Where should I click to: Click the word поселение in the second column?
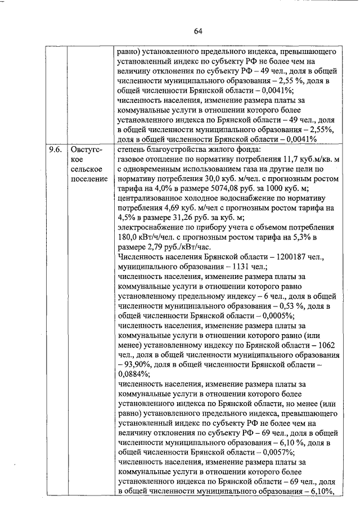(x=90, y=179)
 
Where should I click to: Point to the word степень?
(x=133, y=150)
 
